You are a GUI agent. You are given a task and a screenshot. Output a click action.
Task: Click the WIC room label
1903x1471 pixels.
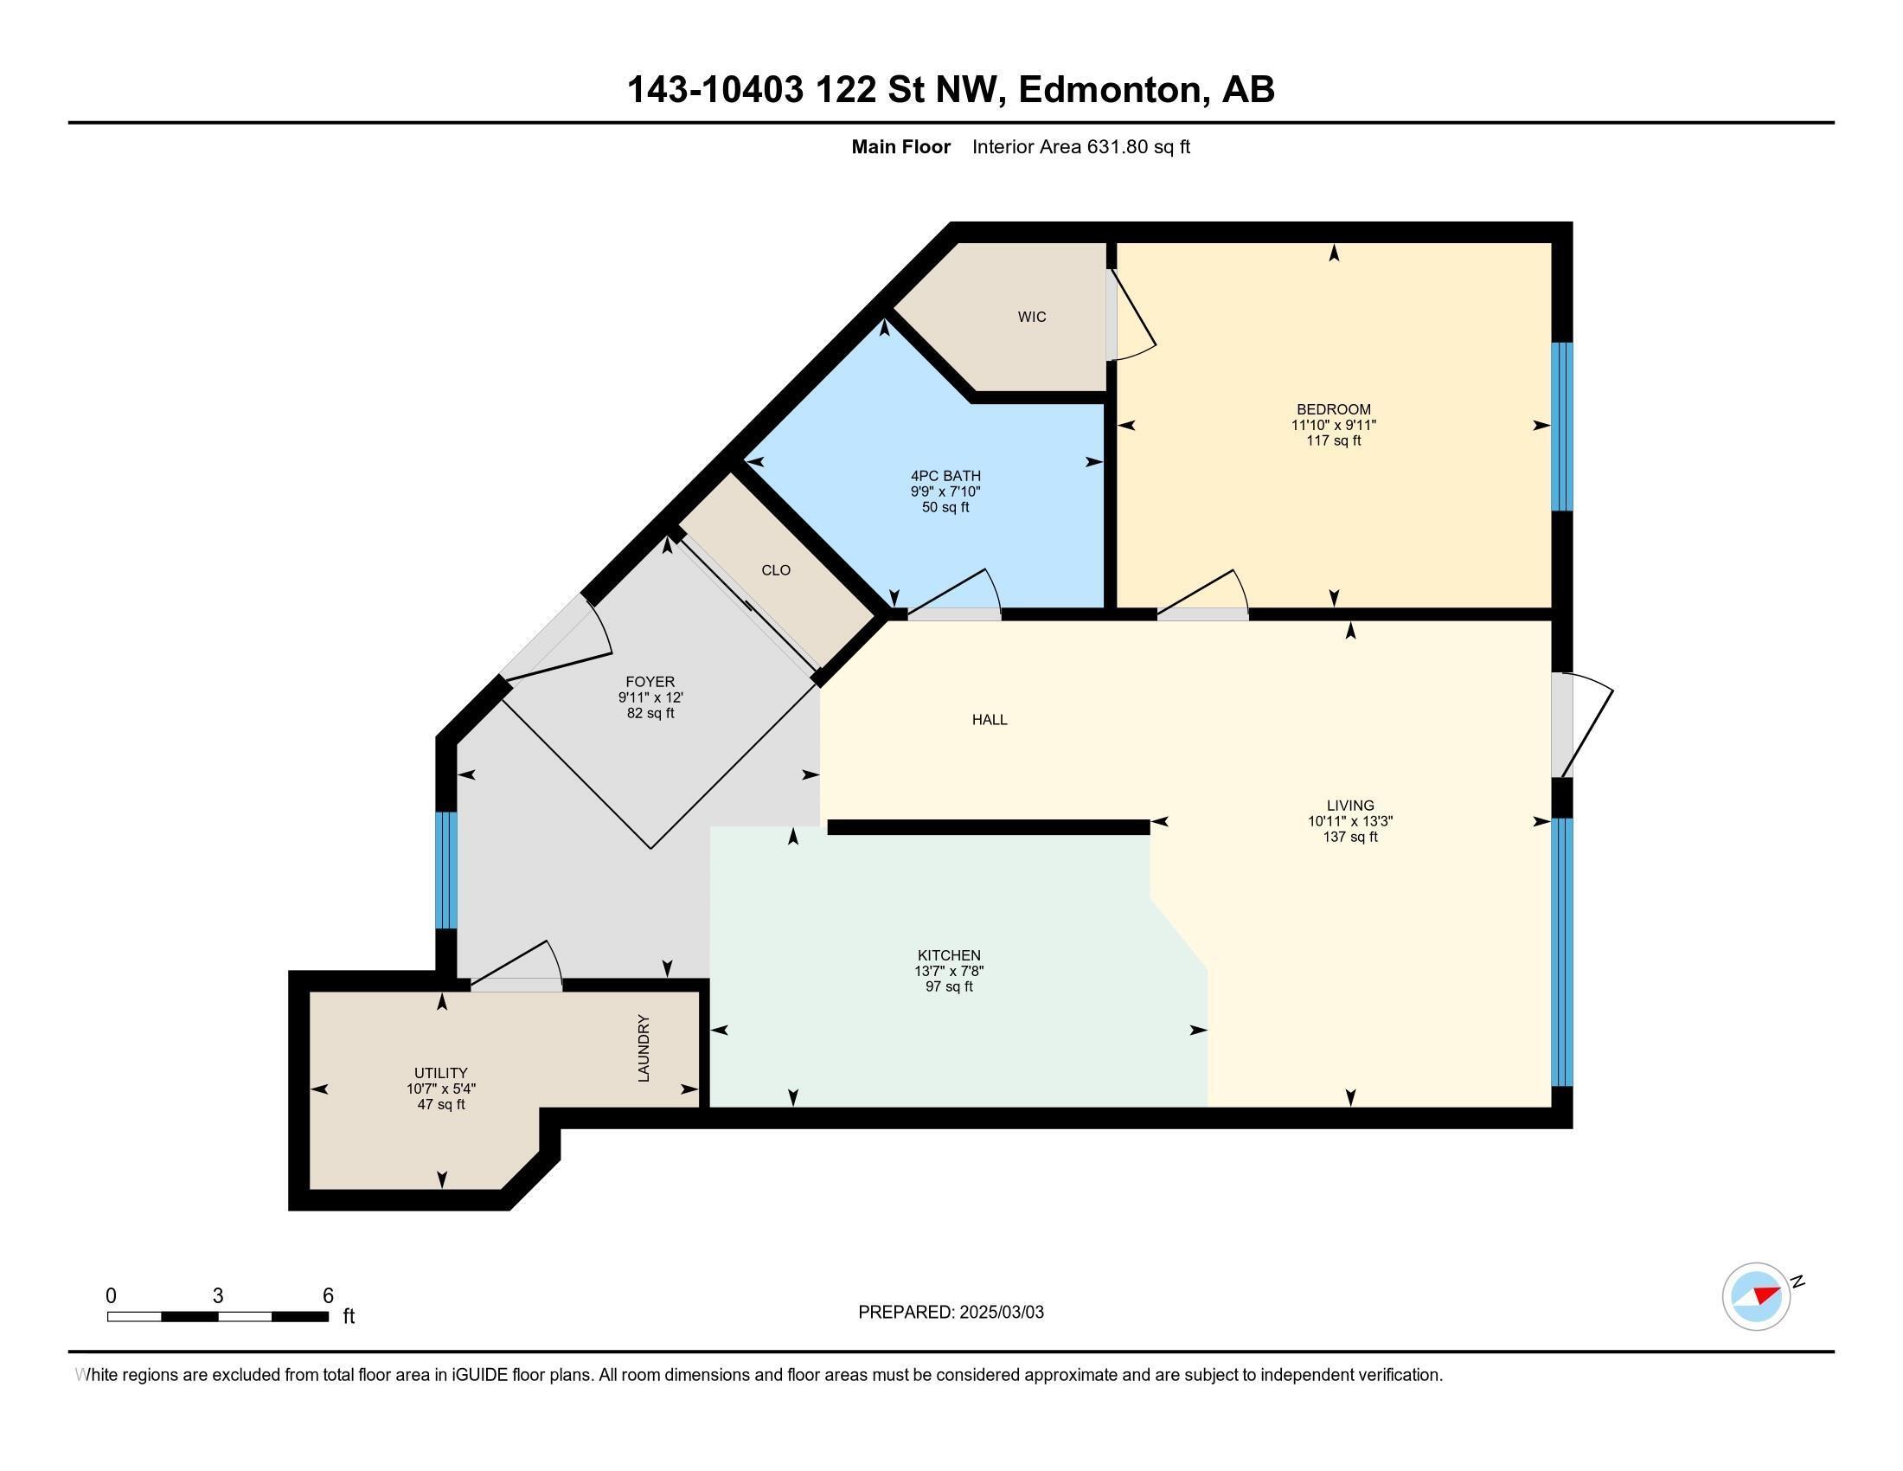click(x=1032, y=318)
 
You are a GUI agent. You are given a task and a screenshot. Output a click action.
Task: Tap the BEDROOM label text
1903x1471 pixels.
click(x=1333, y=409)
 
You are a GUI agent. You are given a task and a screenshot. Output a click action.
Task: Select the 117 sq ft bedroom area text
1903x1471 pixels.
click(x=1333, y=441)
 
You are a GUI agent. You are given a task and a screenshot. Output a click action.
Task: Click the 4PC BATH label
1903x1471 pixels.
click(x=945, y=476)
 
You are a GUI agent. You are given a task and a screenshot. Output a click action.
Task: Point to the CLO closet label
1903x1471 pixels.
click(x=776, y=570)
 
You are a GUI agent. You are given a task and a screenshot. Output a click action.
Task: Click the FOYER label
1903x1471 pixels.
click(x=650, y=682)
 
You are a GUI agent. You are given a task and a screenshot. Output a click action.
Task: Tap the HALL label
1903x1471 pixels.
click(x=990, y=720)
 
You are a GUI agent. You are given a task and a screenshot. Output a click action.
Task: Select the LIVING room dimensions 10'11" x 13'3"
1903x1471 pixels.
click(x=1349, y=821)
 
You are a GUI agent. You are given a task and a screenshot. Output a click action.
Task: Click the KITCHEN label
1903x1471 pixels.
click(x=949, y=955)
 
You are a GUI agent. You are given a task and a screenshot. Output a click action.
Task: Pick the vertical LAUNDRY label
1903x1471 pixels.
click(x=644, y=1049)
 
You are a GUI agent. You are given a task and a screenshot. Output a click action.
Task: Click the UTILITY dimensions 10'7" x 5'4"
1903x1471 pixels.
click(x=441, y=1089)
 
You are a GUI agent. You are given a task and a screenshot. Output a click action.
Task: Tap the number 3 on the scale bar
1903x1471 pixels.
click(x=218, y=1296)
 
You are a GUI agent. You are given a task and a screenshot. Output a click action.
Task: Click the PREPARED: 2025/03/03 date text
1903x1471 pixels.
click(x=951, y=1313)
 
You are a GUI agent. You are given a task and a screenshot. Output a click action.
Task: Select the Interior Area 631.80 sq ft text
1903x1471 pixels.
click(x=1080, y=147)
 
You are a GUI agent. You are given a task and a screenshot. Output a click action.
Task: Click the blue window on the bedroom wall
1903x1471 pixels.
click(x=1562, y=426)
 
